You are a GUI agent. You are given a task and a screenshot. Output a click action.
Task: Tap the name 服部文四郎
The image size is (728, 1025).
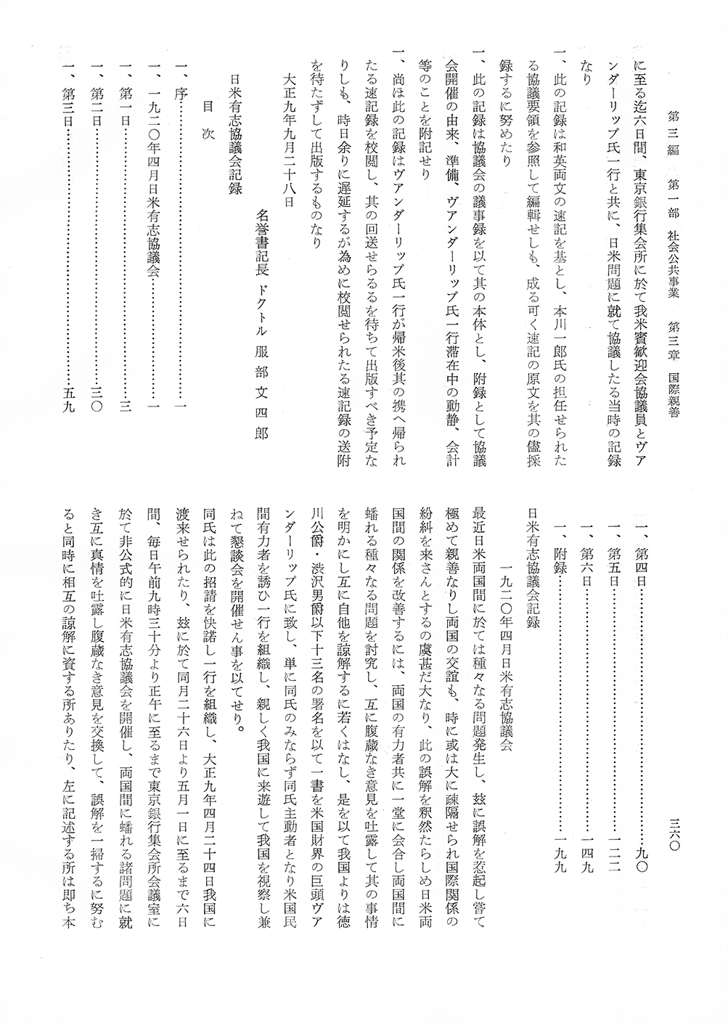click(262, 393)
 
